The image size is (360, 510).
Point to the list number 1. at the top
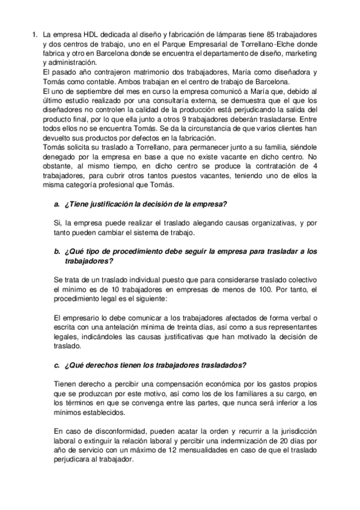pyautogui.click(x=35, y=36)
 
